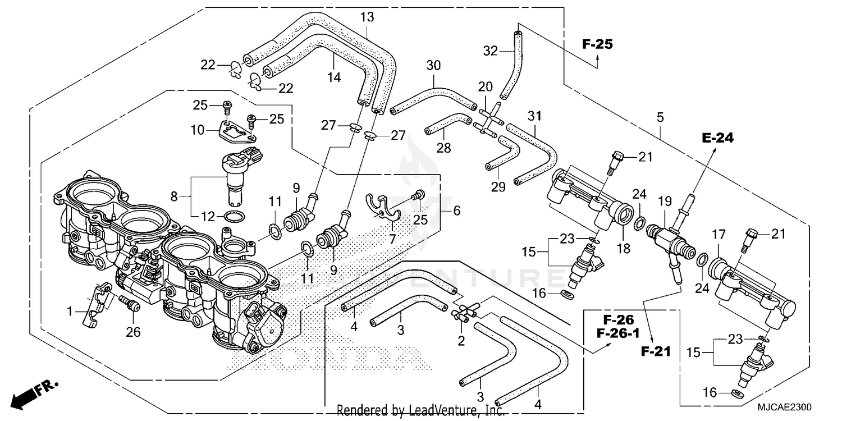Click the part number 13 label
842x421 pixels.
[x=367, y=18]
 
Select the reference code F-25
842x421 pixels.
[x=597, y=44]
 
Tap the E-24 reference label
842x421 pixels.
[x=717, y=138]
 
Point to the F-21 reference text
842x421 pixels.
[x=655, y=352]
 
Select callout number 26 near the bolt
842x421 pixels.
[x=132, y=332]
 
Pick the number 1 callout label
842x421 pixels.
[x=70, y=310]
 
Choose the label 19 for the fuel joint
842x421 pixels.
[x=665, y=200]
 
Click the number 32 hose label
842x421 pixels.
[x=491, y=52]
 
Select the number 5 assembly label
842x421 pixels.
[x=660, y=117]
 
